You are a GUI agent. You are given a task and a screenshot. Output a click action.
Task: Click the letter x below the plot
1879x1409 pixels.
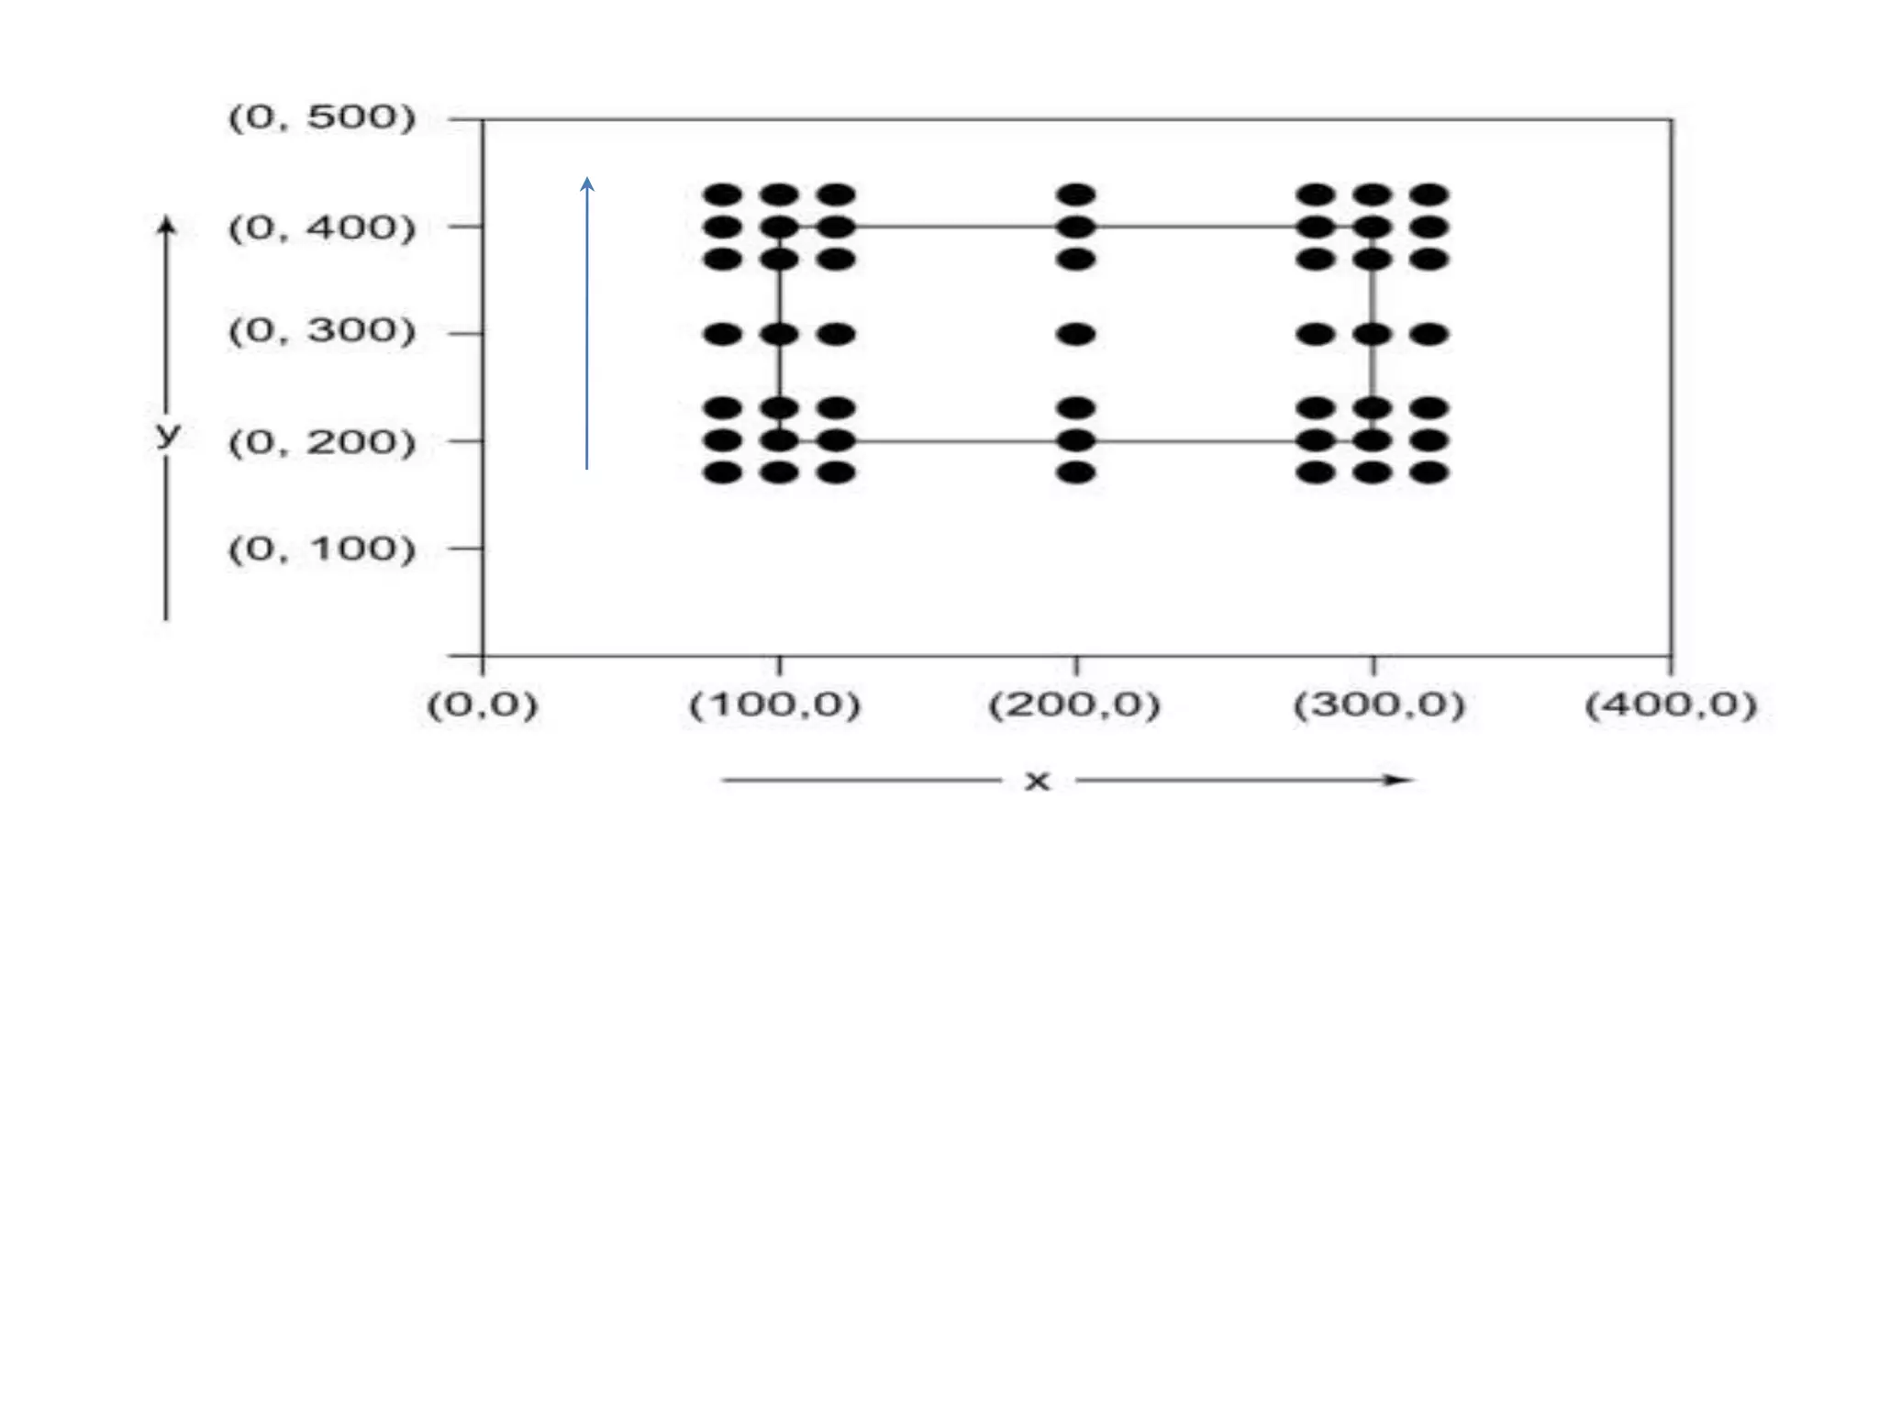tap(1037, 782)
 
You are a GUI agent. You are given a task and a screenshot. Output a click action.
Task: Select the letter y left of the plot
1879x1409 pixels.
tap(167, 434)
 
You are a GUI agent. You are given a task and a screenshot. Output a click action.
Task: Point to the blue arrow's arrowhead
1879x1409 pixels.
tap(587, 183)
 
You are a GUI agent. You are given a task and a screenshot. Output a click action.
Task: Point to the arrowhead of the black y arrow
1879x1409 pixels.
tap(166, 224)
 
